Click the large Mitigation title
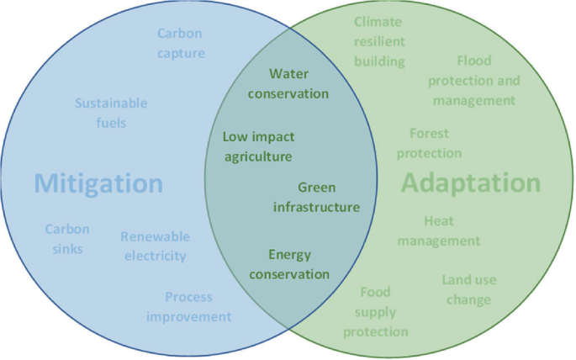(x=99, y=183)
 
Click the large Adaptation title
(x=471, y=183)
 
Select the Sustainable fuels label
(x=111, y=113)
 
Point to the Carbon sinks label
(x=67, y=239)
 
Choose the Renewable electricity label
(x=155, y=246)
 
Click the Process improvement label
(x=188, y=307)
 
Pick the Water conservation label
(x=288, y=83)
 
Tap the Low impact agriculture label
(x=258, y=146)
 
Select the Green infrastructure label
(x=317, y=197)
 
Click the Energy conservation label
(x=288, y=264)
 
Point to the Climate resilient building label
(x=378, y=41)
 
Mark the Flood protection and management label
(x=474, y=81)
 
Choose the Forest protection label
(x=429, y=143)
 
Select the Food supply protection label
(x=375, y=312)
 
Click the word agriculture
(x=258, y=156)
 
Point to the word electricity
(x=155, y=256)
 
